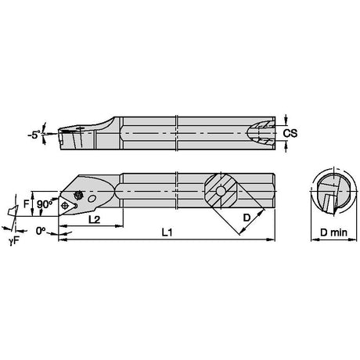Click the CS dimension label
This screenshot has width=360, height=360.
tap(290, 133)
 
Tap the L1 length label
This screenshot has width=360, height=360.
tap(167, 232)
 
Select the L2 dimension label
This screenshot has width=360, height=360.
tap(94, 220)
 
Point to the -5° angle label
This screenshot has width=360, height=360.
tap(34, 135)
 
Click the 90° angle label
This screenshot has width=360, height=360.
tap(45, 204)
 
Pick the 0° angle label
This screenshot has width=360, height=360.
tap(41, 231)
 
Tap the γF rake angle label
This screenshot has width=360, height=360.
tap(14, 241)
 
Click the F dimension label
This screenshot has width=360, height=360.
tap(26, 203)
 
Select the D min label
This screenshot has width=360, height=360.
tap(333, 232)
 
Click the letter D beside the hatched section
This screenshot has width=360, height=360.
tap(247, 218)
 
